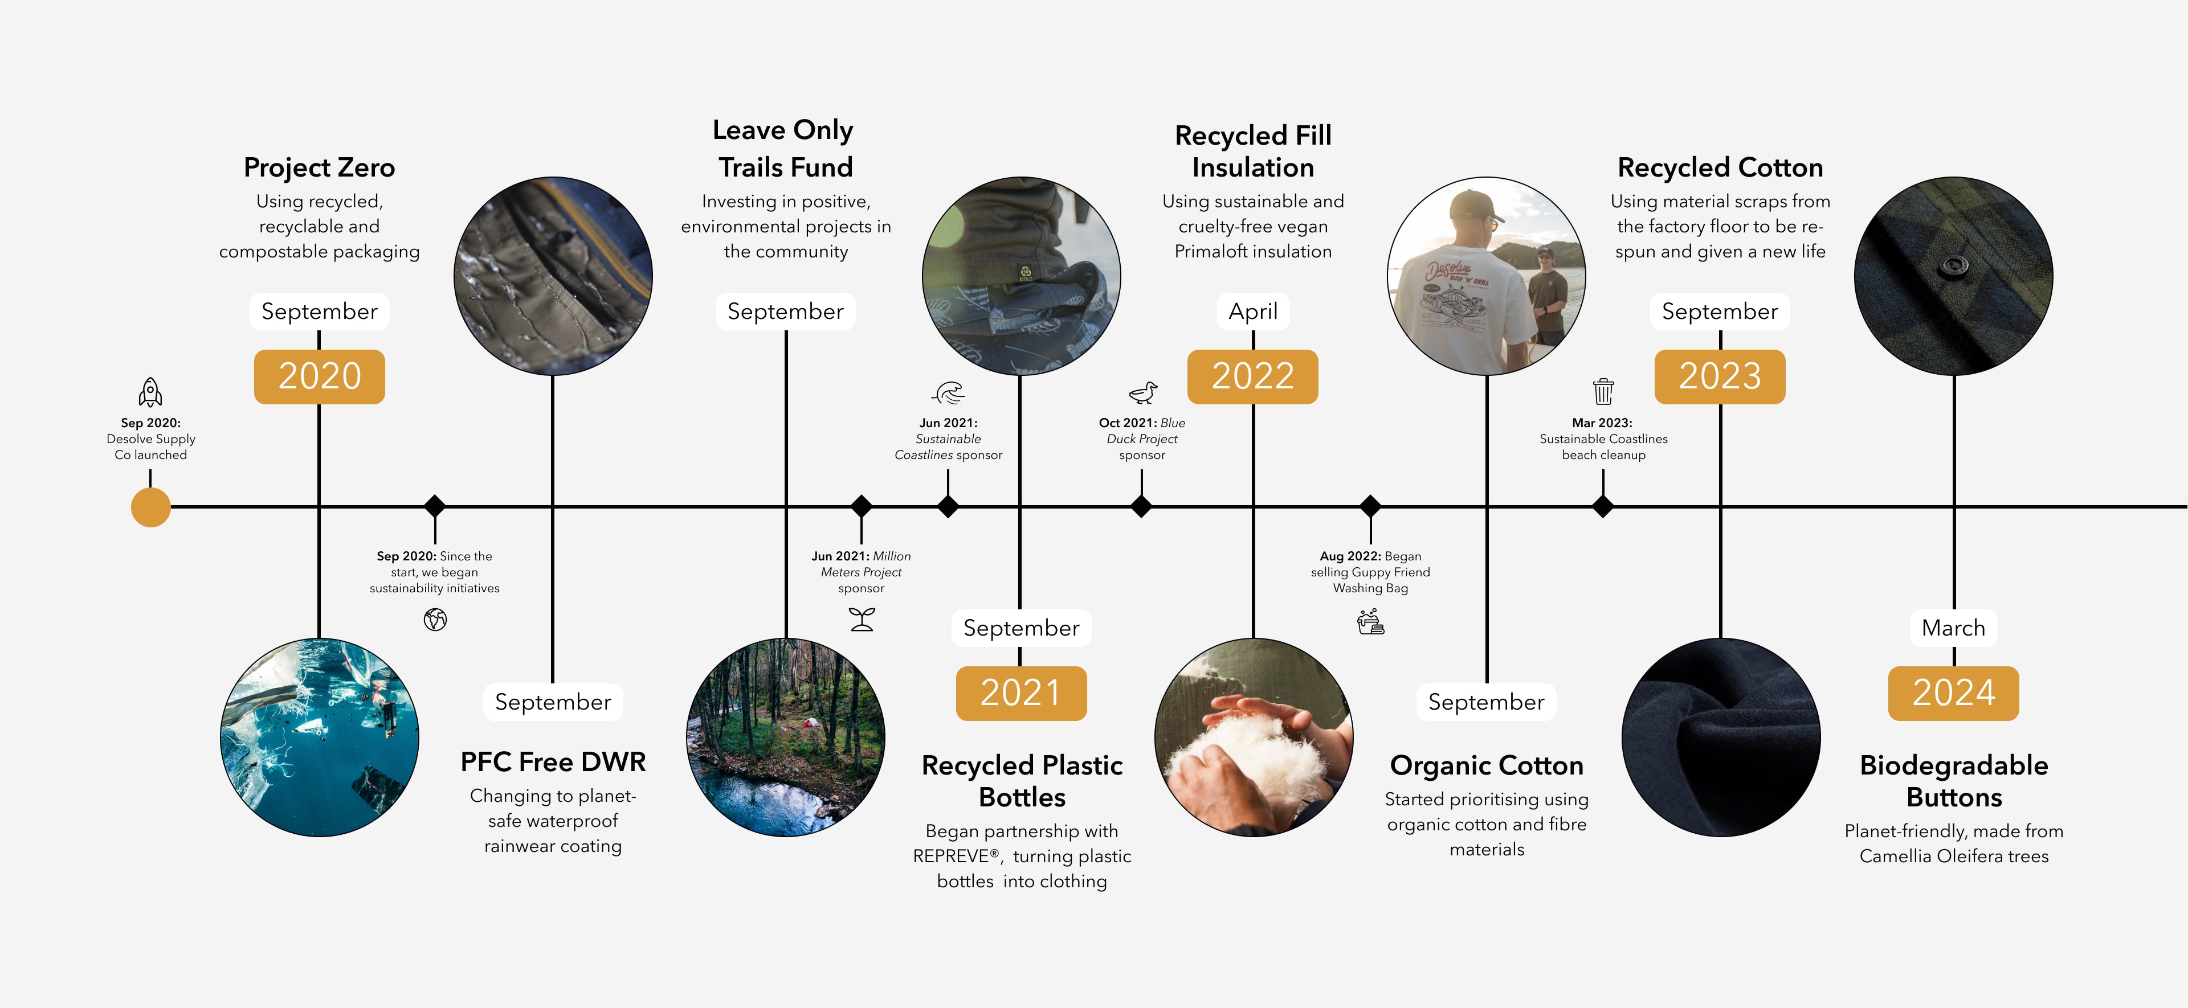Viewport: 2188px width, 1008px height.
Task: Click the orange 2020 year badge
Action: click(x=319, y=376)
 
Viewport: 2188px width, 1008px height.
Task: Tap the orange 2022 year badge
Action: click(x=1253, y=376)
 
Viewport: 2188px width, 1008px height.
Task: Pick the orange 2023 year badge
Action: click(x=1720, y=376)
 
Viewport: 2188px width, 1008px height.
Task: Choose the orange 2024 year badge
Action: click(x=1954, y=693)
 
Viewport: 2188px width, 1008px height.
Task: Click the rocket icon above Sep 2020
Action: click(x=150, y=392)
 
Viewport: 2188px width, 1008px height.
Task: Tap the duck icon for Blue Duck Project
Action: click(x=1143, y=392)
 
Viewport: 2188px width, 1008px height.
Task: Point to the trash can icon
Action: click(x=1603, y=391)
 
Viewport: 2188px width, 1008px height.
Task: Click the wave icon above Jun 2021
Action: click(x=949, y=392)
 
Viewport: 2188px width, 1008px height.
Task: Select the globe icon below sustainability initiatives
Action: click(x=435, y=620)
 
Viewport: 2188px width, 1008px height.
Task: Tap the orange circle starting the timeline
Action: click(x=151, y=507)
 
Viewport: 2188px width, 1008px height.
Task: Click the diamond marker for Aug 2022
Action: click(x=1370, y=506)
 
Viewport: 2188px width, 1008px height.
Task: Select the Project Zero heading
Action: click(x=319, y=167)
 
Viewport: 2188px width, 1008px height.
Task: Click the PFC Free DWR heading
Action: click(x=553, y=762)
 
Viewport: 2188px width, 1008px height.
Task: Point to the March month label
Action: click(x=1954, y=628)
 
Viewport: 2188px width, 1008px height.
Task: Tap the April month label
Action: click(x=1253, y=312)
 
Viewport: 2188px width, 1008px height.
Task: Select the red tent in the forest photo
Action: click(x=810, y=723)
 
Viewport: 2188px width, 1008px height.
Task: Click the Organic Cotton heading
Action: click(x=1487, y=765)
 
